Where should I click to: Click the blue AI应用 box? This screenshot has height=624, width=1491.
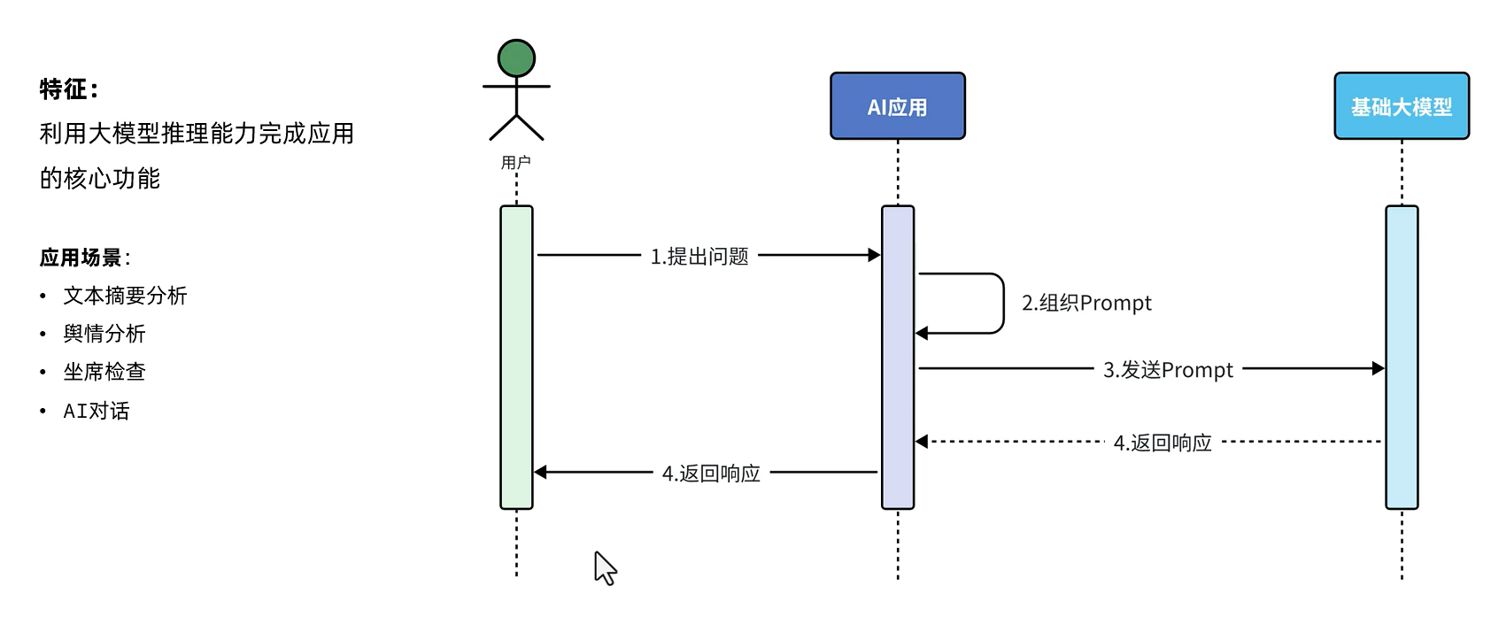click(x=897, y=106)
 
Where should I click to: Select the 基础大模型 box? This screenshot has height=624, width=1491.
click(x=1401, y=106)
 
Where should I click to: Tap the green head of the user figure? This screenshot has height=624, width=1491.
click(x=516, y=58)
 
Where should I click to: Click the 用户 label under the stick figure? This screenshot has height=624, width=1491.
click(x=515, y=163)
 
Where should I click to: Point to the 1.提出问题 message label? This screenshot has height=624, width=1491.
click(x=699, y=257)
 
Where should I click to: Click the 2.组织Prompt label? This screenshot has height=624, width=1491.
click(x=1086, y=303)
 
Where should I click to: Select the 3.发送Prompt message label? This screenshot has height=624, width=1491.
click(x=1168, y=370)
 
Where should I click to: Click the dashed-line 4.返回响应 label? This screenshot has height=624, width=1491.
click(x=1162, y=443)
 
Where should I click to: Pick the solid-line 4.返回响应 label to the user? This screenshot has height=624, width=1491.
click(x=711, y=474)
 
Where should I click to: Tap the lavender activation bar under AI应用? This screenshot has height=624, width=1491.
click(x=897, y=398)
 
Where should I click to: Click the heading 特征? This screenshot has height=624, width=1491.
click(x=69, y=89)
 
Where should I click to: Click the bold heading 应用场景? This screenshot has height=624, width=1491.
click(x=81, y=258)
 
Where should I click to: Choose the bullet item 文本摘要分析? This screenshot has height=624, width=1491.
click(x=125, y=296)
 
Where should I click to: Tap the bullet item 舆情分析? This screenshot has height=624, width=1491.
click(x=104, y=334)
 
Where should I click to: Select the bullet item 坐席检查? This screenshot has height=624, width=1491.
click(x=104, y=372)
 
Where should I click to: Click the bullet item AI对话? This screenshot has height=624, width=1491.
click(x=96, y=411)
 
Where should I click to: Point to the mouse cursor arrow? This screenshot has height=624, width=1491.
click(x=603, y=566)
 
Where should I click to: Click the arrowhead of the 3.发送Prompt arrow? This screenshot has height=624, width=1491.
click(x=1378, y=368)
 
